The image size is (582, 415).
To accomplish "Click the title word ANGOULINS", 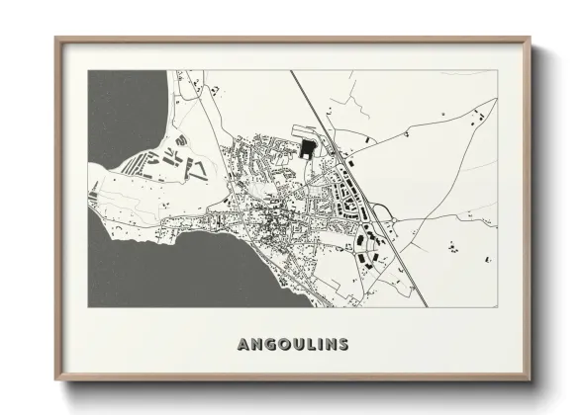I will [292, 344].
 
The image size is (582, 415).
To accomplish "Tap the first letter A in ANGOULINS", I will [243, 344].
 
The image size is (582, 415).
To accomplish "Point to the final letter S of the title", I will [342, 344].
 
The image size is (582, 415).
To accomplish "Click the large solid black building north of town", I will [307, 148].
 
